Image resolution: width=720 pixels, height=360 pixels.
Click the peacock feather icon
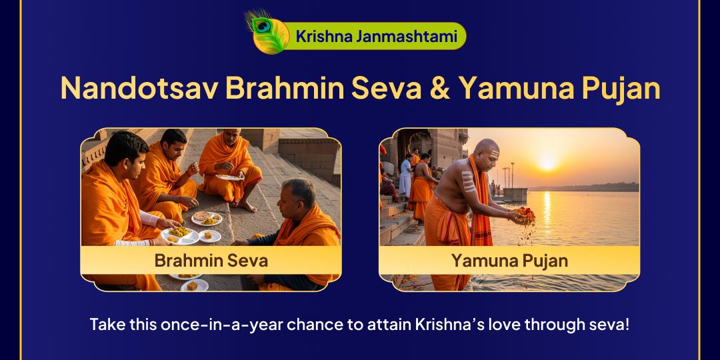[265, 32]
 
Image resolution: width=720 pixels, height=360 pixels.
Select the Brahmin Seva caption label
[211, 260]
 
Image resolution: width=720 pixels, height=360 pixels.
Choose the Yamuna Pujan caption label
[509, 260]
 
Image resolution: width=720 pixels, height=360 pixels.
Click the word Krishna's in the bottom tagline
[446, 325]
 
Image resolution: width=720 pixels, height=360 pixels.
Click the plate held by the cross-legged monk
[230, 177]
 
